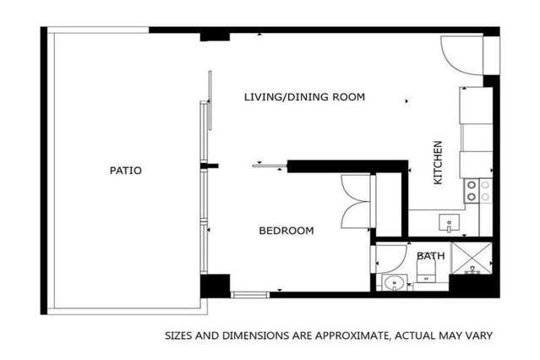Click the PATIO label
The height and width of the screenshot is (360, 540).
tap(125, 171)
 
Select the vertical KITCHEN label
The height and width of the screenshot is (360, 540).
tap(438, 162)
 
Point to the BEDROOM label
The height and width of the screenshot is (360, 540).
tap(286, 231)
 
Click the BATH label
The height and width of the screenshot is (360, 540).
tap(430, 256)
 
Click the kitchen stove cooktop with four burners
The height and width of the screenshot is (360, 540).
tap(478, 191)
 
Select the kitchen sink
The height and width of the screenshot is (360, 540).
tap(449, 223)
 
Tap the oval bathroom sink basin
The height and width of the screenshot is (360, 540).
tap(395, 283)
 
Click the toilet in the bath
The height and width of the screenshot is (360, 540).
tap(427, 270)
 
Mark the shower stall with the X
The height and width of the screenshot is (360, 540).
tap(472, 258)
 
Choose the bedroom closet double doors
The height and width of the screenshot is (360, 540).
tap(355, 201)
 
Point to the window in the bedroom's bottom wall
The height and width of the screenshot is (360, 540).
tap(250, 295)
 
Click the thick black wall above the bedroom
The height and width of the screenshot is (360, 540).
tap(347, 166)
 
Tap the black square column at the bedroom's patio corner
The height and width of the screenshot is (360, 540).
tap(215, 286)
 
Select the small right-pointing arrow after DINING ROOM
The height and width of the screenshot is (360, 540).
tap(406, 101)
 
